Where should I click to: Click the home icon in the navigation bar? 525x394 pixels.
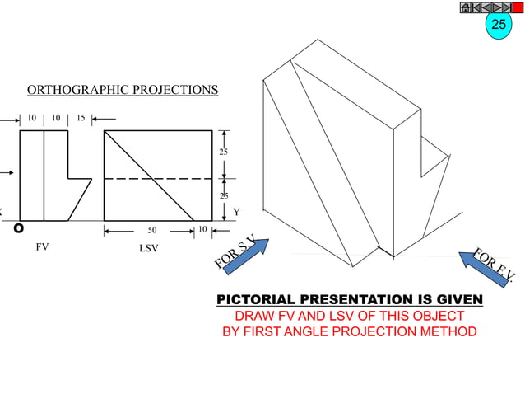[x=465, y=7]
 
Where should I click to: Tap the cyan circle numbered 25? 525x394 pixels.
[x=499, y=25]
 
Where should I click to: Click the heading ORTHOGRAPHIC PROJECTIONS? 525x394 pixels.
[x=123, y=90]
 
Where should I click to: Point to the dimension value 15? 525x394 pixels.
[x=81, y=118]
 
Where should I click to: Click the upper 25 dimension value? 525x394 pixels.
[x=223, y=153]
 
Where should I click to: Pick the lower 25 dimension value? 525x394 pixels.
[x=223, y=196]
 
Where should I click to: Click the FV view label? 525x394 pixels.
[x=42, y=246]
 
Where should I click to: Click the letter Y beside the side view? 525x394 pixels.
[x=237, y=212]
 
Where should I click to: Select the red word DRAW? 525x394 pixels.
[x=254, y=316]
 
